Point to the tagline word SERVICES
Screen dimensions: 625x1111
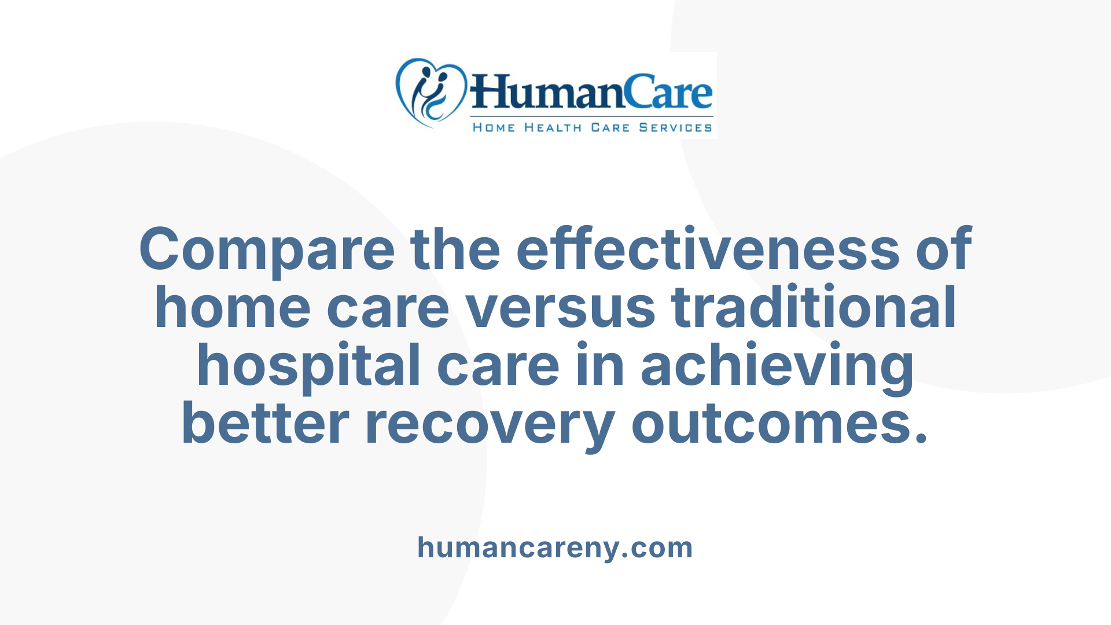point(675,128)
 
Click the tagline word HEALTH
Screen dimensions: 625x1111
point(553,128)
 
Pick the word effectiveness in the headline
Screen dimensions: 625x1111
point(708,249)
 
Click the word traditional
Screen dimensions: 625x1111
point(814,307)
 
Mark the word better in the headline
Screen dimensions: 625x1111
point(266,424)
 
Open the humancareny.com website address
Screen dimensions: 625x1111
point(555,547)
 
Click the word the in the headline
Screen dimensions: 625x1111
point(455,249)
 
